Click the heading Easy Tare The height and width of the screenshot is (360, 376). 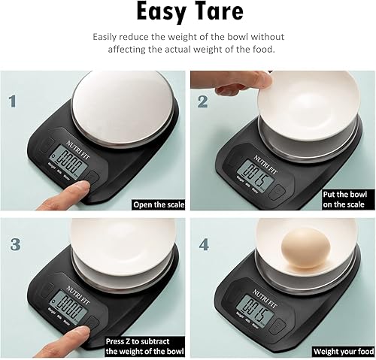pos(187,13)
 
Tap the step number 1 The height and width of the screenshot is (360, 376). pos(11,101)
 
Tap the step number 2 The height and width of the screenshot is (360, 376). pos(202,101)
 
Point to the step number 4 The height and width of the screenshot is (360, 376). pos(202,244)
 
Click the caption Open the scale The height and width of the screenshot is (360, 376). pos(156,204)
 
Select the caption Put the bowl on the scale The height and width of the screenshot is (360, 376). pos(347,198)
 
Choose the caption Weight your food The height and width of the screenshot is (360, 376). pos(343,351)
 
